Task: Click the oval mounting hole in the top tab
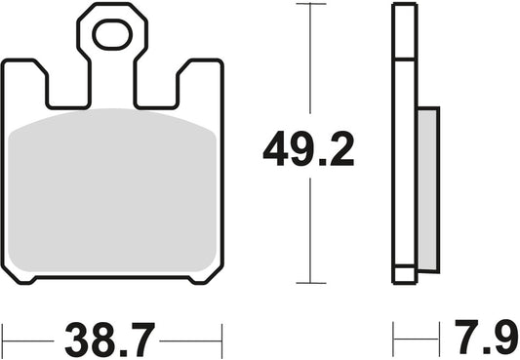click(112, 36)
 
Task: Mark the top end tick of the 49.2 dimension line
click(310, 6)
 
